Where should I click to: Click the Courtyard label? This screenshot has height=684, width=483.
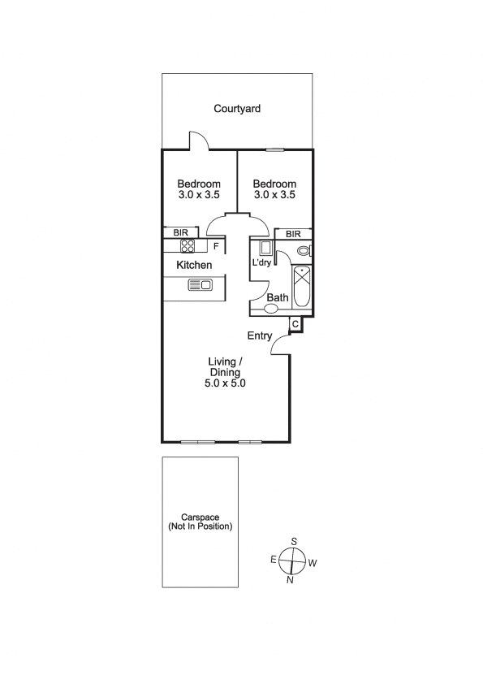pyautogui.click(x=237, y=109)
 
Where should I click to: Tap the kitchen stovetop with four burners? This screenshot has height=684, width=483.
pyautogui.click(x=188, y=245)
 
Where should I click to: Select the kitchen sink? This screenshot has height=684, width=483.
pyautogui.click(x=200, y=285)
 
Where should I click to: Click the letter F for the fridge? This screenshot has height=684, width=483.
pyautogui.click(x=216, y=246)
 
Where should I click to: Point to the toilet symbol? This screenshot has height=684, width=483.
pyautogui.click(x=304, y=251)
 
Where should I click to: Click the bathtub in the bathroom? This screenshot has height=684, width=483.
pyautogui.click(x=302, y=287)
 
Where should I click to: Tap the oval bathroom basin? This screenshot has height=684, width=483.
pyautogui.click(x=271, y=309)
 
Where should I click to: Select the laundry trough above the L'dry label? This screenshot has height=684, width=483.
pyautogui.click(x=265, y=248)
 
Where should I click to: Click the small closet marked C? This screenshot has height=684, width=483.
pyautogui.click(x=295, y=324)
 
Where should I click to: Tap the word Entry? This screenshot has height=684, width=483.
pyautogui.click(x=260, y=336)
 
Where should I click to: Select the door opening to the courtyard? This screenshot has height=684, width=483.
pyautogui.click(x=199, y=141)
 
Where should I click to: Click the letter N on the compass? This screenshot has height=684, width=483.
pyautogui.click(x=290, y=580)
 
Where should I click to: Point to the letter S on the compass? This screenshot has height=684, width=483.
pyautogui.click(x=294, y=541)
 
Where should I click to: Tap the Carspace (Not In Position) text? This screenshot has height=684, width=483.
pyautogui.click(x=200, y=522)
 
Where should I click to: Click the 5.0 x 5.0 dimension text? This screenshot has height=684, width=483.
pyautogui.click(x=225, y=383)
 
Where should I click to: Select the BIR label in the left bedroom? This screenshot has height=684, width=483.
pyautogui.click(x=180, y=232)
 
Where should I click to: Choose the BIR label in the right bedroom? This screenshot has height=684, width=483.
pyautogui.click(x=293, y=234)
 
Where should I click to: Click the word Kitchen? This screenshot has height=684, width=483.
pyautogui.click(x=194, y=265)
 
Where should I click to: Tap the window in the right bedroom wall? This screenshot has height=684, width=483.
pyautogui.click(x=275, y=150)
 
